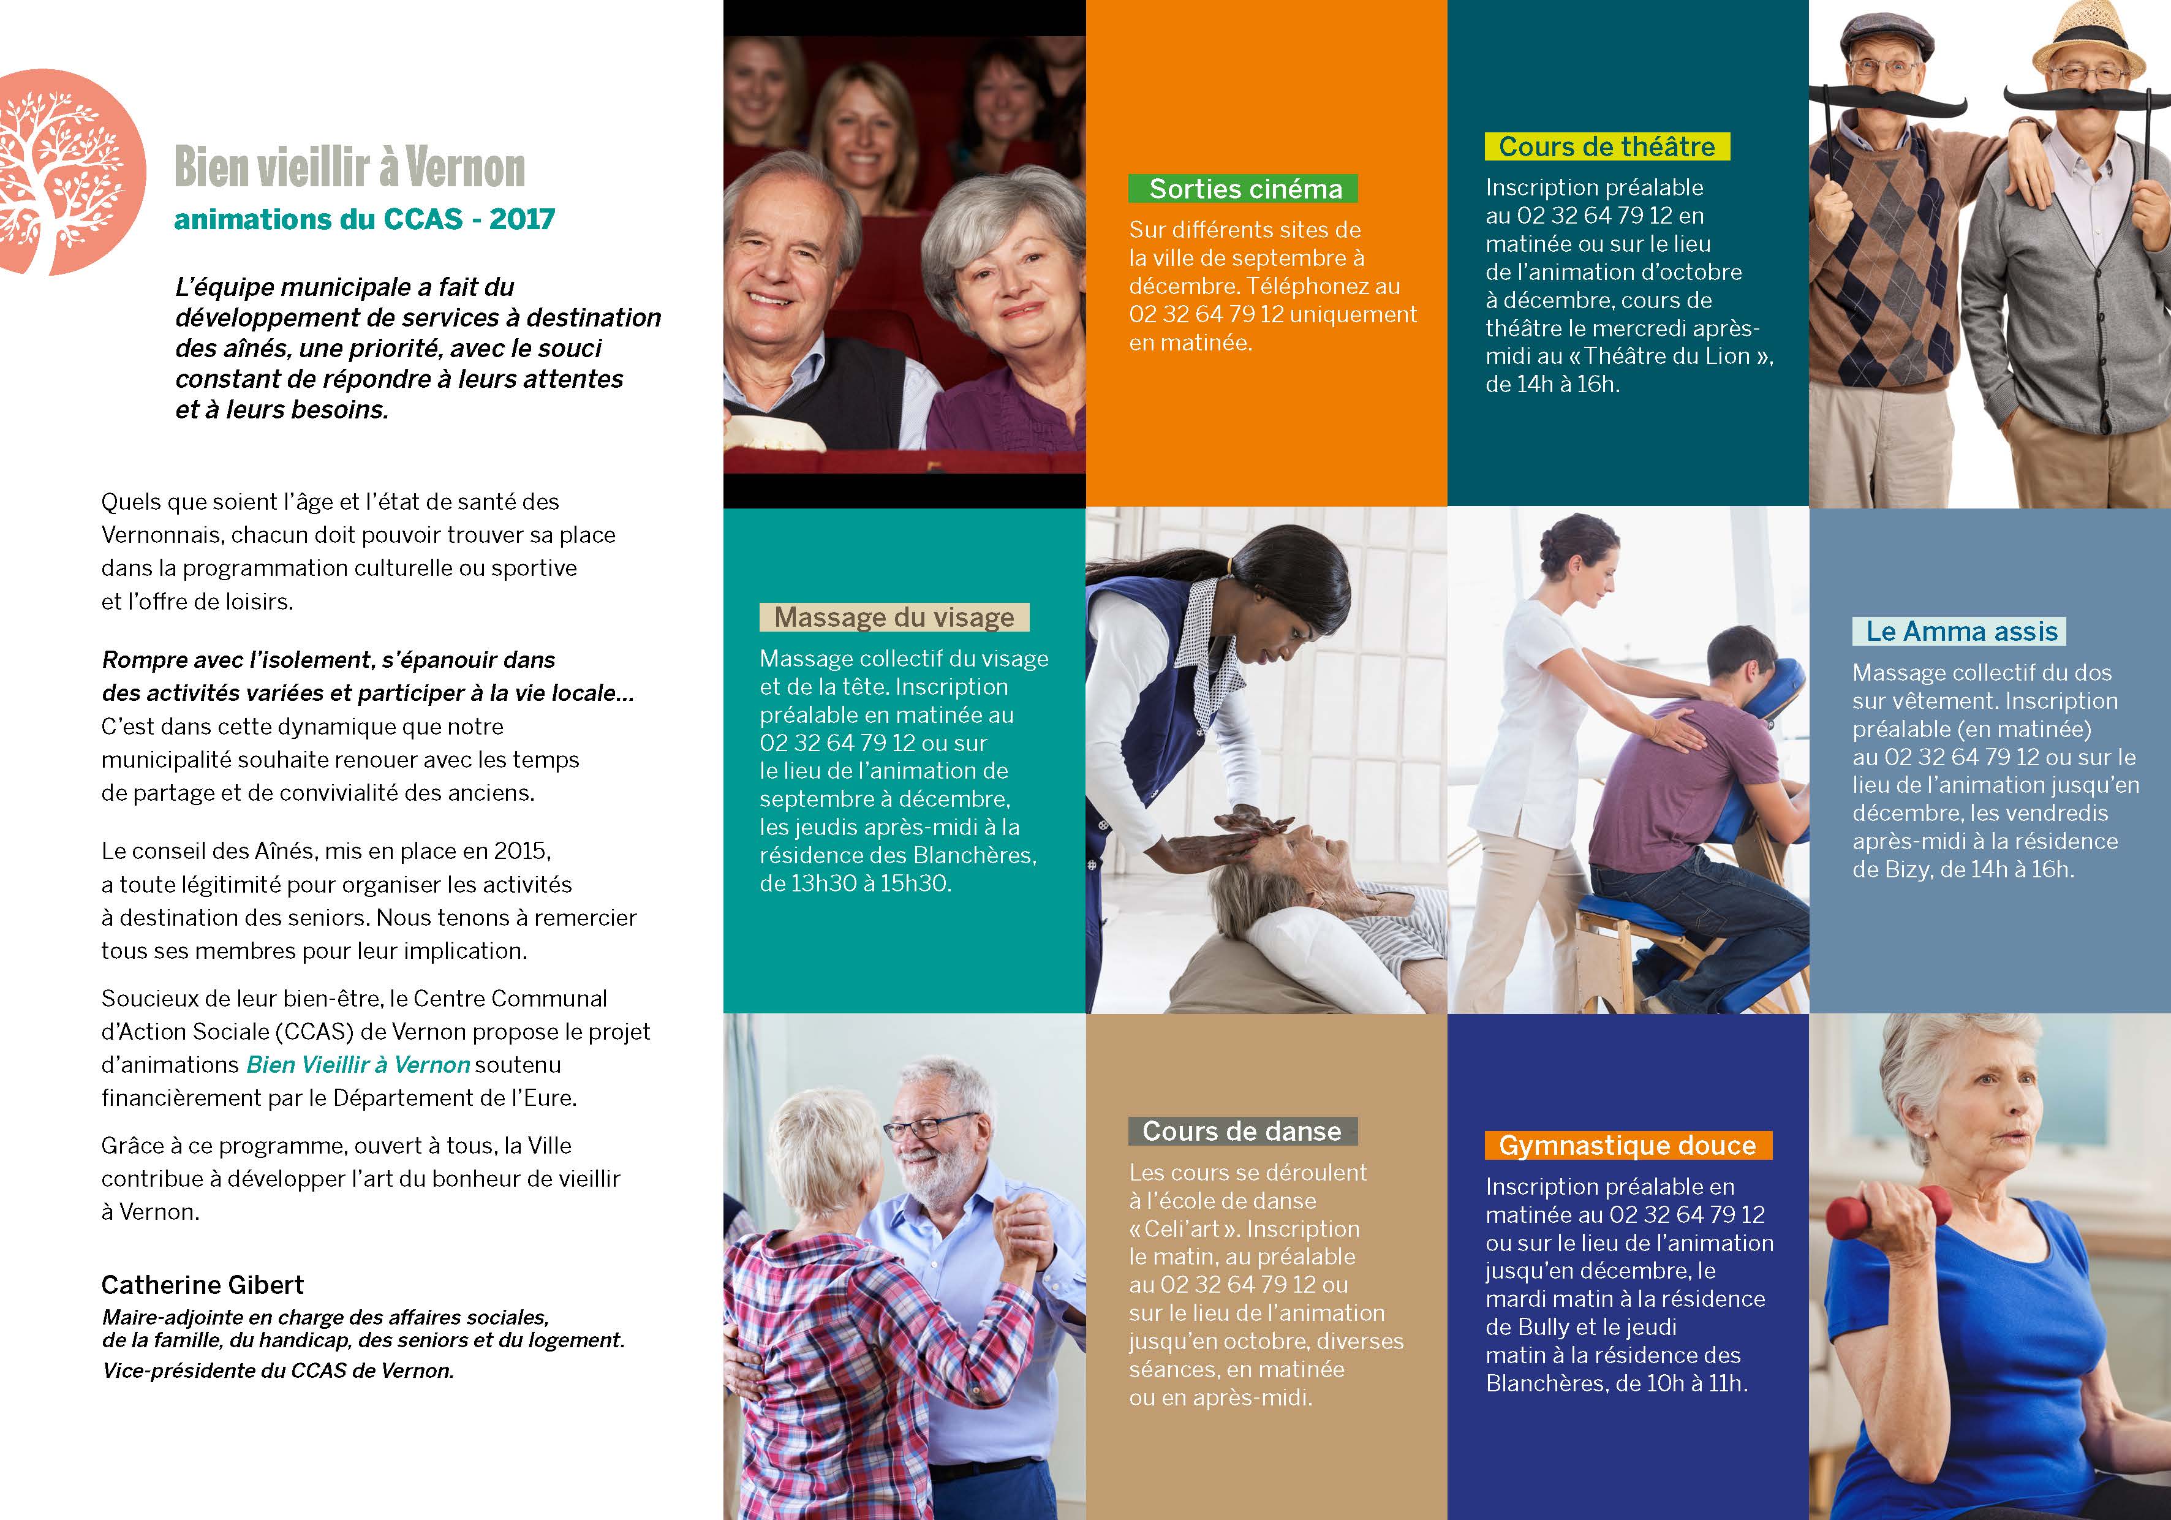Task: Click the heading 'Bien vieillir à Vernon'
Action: pyautogui.click(x=349, y=168)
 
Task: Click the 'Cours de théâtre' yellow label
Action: pyautogui.click(x=1606, y=146)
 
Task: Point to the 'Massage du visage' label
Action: pyautogui.click(x=894, y=618)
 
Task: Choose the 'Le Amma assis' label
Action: pyautogui.click(x=1960, y=632)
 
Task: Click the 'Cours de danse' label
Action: pyautogui.click(x=1242, y=1131)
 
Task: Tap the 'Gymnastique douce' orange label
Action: pyautogui.click(x=1626, y=1146)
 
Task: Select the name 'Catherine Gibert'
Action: pyautogui.click(x=202, y=1285)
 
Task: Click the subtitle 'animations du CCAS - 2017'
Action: pyautogui.click(x=364, y=219)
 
